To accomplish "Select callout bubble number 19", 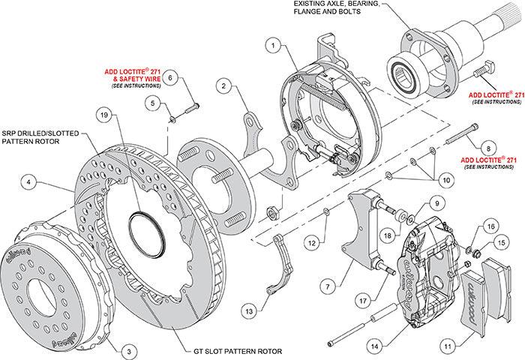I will [x=103, y=115].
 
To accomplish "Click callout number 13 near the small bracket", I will [x=248, y=309].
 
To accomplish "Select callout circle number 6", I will [x=169, y=76].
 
